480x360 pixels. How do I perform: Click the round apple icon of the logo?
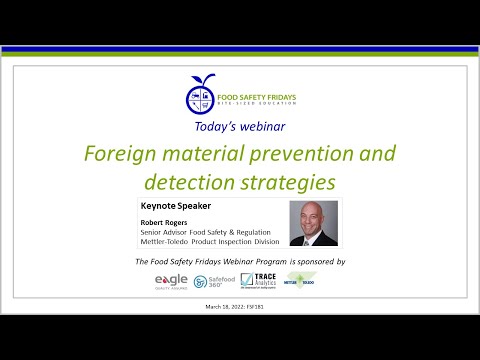tap(201, 95)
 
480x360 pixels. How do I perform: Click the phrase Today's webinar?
tap(241, 128)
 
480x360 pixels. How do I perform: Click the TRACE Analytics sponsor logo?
tap(258, 281)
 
